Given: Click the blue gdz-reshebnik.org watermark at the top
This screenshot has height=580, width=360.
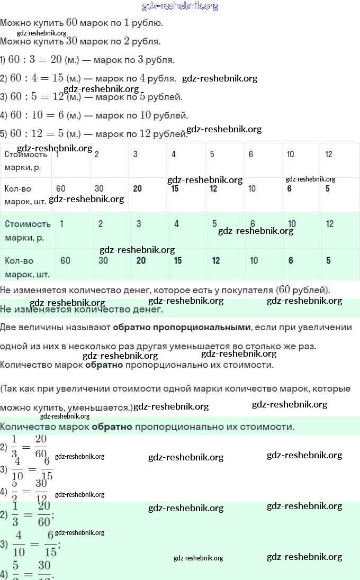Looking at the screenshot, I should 180,6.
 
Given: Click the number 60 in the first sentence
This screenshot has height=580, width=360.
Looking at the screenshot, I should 72,23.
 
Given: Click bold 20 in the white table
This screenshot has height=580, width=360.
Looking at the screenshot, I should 138,189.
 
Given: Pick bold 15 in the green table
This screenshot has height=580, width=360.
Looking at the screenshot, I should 178,260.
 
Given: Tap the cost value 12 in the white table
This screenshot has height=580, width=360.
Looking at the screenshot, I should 329,154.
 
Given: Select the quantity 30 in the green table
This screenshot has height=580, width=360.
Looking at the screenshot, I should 103,260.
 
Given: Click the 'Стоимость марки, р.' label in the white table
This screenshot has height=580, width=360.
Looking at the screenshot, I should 26,160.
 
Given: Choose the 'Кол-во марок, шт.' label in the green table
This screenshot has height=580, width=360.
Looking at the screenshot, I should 28,267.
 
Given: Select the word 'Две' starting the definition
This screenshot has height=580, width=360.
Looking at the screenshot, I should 8,327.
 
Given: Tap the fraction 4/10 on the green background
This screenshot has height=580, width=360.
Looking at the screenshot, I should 19,545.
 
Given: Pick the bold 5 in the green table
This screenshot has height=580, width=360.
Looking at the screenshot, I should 329,260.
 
